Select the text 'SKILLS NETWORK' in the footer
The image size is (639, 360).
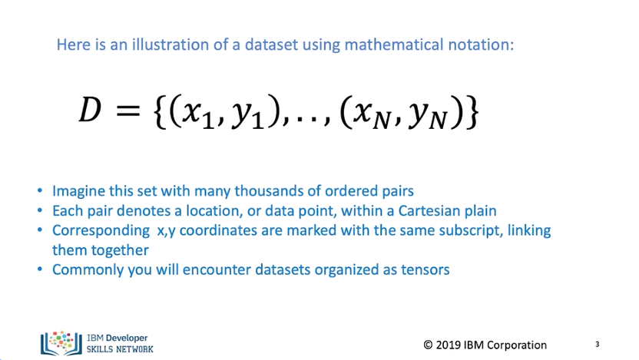[x=120, y=348]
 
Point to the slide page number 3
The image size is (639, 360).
[x=597, y=344]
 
